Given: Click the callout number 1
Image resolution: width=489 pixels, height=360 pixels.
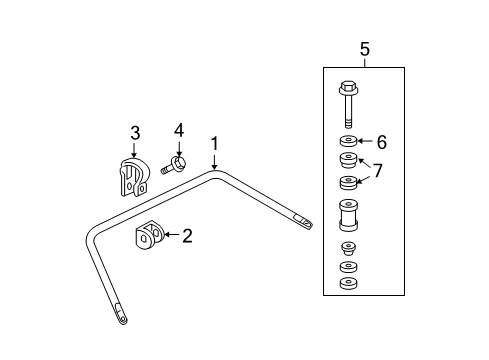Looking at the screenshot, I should (215, 144).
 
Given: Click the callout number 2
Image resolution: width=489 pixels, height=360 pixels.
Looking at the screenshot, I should (186, 235).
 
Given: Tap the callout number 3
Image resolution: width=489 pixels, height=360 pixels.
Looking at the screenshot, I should (135, 132).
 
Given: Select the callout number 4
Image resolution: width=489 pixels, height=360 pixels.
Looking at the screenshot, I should (179, 130).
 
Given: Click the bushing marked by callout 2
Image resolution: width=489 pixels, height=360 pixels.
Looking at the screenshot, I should (150, 237).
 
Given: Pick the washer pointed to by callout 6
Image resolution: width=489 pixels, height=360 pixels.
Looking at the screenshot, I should (349, 141).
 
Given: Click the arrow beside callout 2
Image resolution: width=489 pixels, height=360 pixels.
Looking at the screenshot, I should (171, 235).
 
